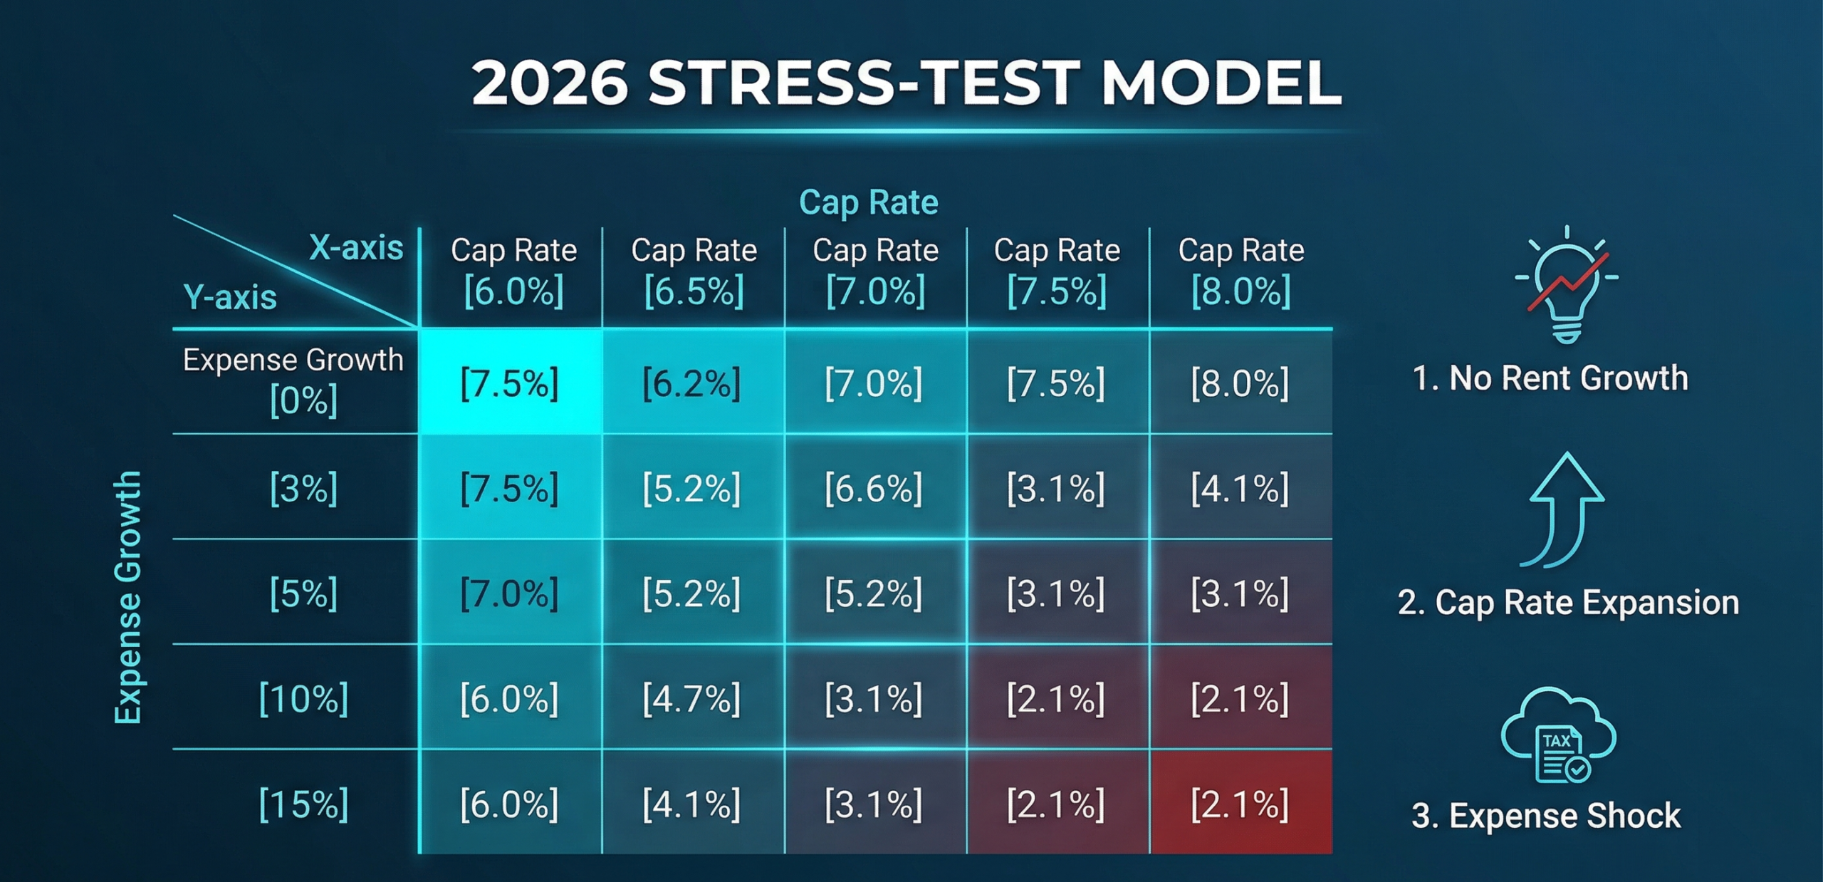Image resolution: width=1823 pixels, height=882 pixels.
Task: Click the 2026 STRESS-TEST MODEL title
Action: [x=906, y=83]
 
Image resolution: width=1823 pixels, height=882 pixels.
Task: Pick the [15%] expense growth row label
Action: [x=303, y=804]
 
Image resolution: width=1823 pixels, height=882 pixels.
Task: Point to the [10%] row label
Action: [x=303, y=698]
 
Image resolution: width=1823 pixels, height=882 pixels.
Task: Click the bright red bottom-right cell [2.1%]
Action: [x=1240, y=804]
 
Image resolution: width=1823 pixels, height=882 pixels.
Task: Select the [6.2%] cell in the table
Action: [x=691, y=383]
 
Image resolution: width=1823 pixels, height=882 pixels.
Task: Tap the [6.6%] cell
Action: [x=873, y=489]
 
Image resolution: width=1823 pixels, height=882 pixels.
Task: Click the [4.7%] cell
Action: [x=691, y=698]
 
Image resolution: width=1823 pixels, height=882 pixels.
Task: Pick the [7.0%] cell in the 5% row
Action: [x=509, y=593]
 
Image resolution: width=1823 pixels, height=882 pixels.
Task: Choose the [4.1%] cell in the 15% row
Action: [x=691, y=804]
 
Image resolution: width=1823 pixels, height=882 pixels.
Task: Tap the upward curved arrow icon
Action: [x=1564, y=510]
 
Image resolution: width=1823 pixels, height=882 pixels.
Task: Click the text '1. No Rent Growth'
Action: [x=1550, y=378]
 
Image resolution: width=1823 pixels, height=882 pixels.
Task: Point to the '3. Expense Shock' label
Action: [x=1545, y=815]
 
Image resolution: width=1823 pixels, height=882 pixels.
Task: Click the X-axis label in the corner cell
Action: [x=356, y=248]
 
